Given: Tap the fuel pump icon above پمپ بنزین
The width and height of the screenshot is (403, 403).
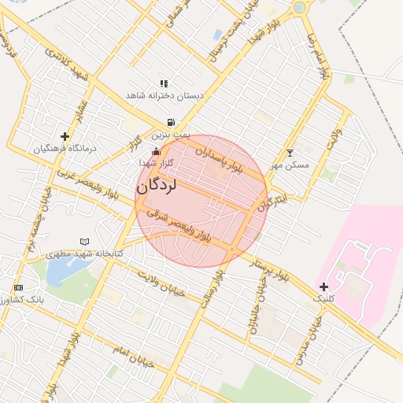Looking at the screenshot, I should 171,122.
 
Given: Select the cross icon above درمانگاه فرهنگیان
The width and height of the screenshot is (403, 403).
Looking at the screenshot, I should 65,136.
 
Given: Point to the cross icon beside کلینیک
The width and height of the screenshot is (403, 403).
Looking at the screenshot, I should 324,286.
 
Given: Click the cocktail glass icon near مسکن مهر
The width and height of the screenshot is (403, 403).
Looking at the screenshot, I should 290,152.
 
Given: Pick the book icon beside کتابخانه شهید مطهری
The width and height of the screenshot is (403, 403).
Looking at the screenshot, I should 85,241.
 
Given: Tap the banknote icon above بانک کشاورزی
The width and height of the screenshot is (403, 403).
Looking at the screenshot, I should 19,287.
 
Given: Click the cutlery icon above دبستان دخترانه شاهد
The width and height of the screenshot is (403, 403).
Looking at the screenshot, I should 164,83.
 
